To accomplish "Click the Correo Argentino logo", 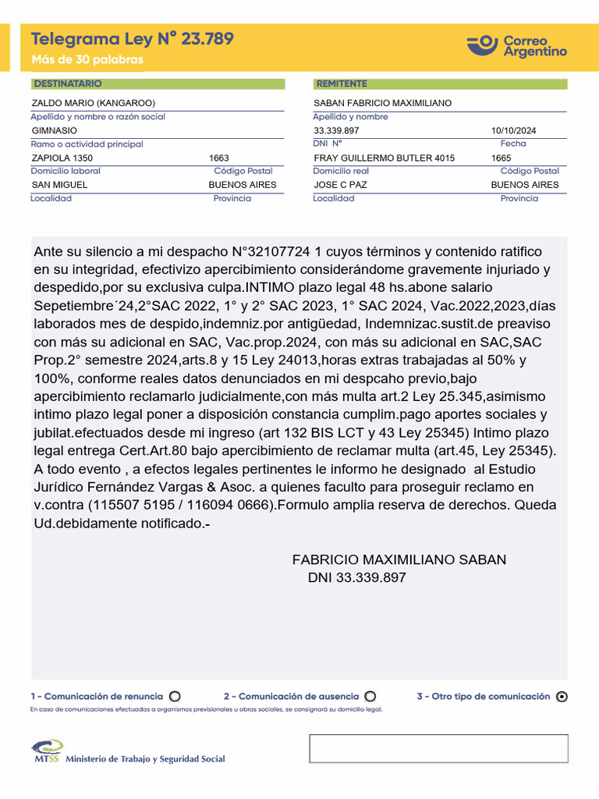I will [x=517, y=45].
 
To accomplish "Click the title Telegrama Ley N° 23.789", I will [x=132, y=39].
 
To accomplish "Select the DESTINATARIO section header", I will [x=66, y=83].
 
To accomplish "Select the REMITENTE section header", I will [x=341, y=83].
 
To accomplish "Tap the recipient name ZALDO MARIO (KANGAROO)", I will [x=93, y=103].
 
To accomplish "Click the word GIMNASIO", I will [x=54, y=130].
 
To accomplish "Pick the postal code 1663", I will [x=219, y=158].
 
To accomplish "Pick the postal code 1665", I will [x=502, y=158].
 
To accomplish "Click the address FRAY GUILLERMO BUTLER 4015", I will [x=384, y=158].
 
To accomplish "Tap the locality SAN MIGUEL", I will [x=59, y=185].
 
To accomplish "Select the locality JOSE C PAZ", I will [x=340, y=185].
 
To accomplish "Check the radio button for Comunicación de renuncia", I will [x=175, y=697].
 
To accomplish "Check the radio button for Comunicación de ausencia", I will [x=370, y=697].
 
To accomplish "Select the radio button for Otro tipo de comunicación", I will [x=562, y=698].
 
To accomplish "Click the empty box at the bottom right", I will [x=438, y=748].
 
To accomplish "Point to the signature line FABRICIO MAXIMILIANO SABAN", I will [x=399, y=559].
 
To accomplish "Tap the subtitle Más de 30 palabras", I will [x=87, y=60].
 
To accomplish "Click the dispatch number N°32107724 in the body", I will [x=271, y=251].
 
